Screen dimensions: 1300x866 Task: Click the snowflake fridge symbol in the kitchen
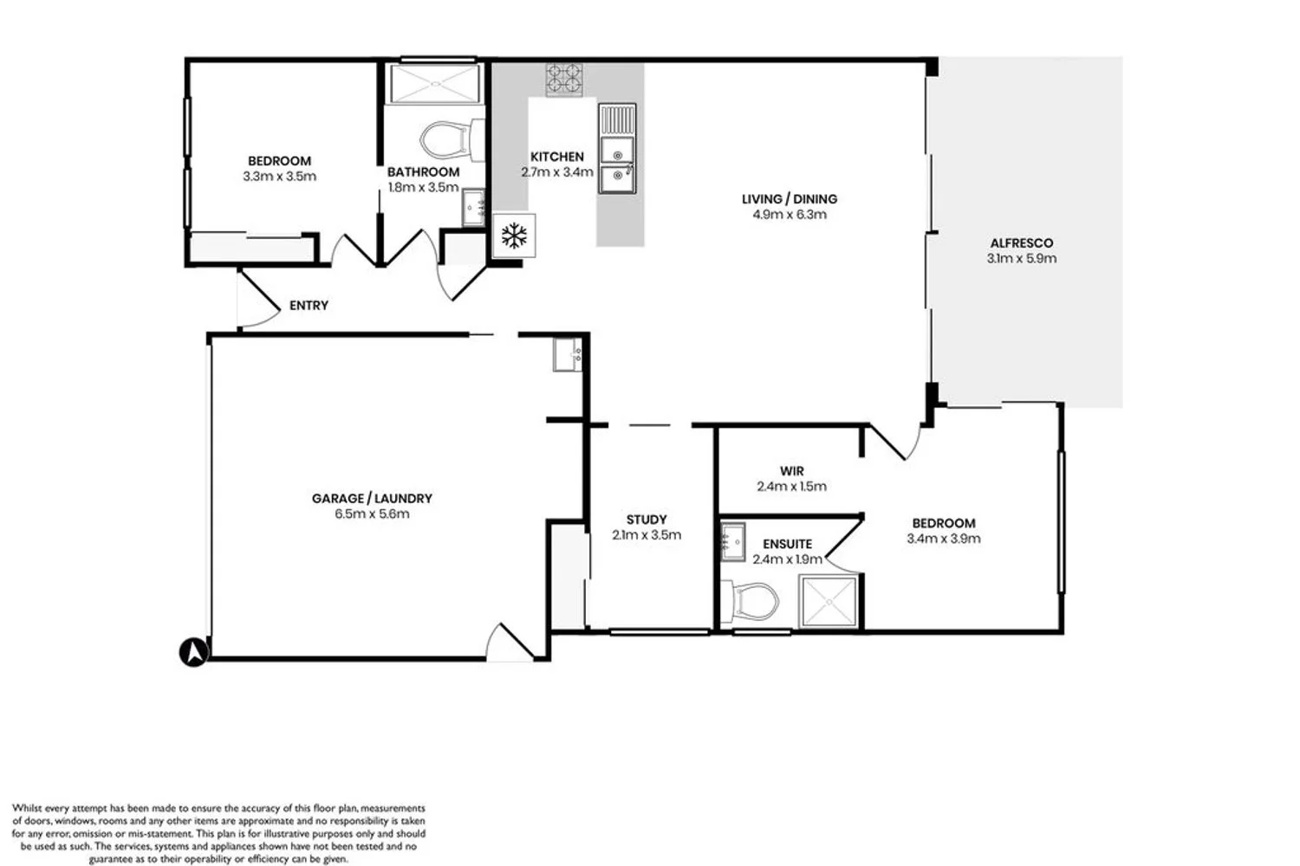point(514,236)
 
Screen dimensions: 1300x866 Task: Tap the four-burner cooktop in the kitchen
point(564,80)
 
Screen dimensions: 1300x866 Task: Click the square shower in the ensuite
point(829,602)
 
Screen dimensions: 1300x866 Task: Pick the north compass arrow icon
point(194,652)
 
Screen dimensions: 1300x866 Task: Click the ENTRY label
point(309,305)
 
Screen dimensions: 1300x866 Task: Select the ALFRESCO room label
point(1022,243)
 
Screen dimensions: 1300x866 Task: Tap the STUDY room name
point(647,520)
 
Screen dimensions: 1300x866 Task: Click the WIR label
point(791,471)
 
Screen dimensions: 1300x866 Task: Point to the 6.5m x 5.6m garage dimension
point(372,514)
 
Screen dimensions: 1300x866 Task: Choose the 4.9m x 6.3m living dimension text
point(790,215)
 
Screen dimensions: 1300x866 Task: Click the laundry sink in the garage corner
point(567,354)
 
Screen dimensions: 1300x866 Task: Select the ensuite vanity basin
point(733,542)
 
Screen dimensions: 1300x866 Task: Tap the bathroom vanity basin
point(473,207)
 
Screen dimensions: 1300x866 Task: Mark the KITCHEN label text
point(557,157)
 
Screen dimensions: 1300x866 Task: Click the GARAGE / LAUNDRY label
point(372,498)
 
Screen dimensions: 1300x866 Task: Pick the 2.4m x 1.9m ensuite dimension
point(788,559)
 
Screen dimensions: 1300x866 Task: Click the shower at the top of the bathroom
point(436,84)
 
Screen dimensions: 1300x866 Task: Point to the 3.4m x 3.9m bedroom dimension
point(944,539)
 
